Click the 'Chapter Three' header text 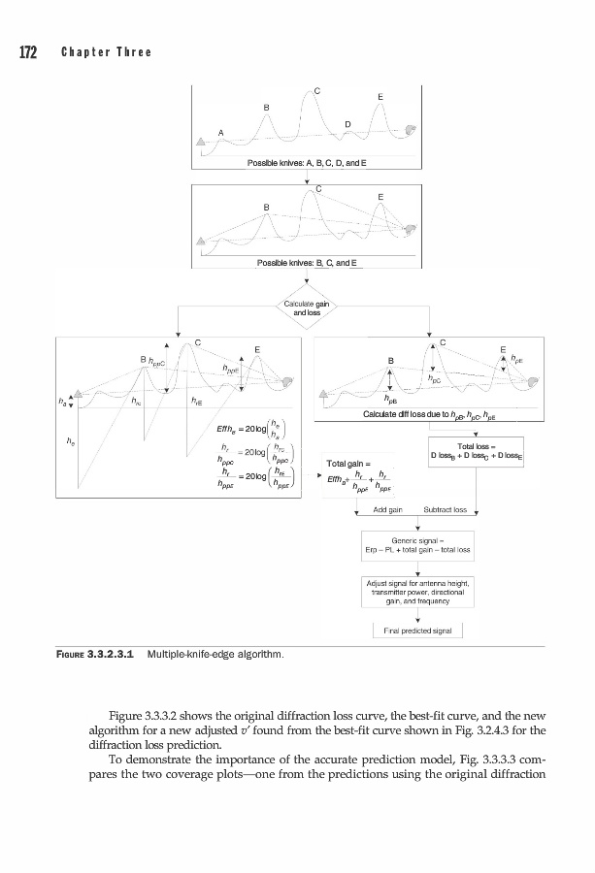click(x=107, y=52)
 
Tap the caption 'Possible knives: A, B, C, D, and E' click(x=306, y=163)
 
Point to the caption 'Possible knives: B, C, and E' click(x=306, y=263)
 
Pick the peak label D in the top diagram click(x=348, y=124)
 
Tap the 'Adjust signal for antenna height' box click(x=416, y=591)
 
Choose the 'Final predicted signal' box click(x=416, y=630)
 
